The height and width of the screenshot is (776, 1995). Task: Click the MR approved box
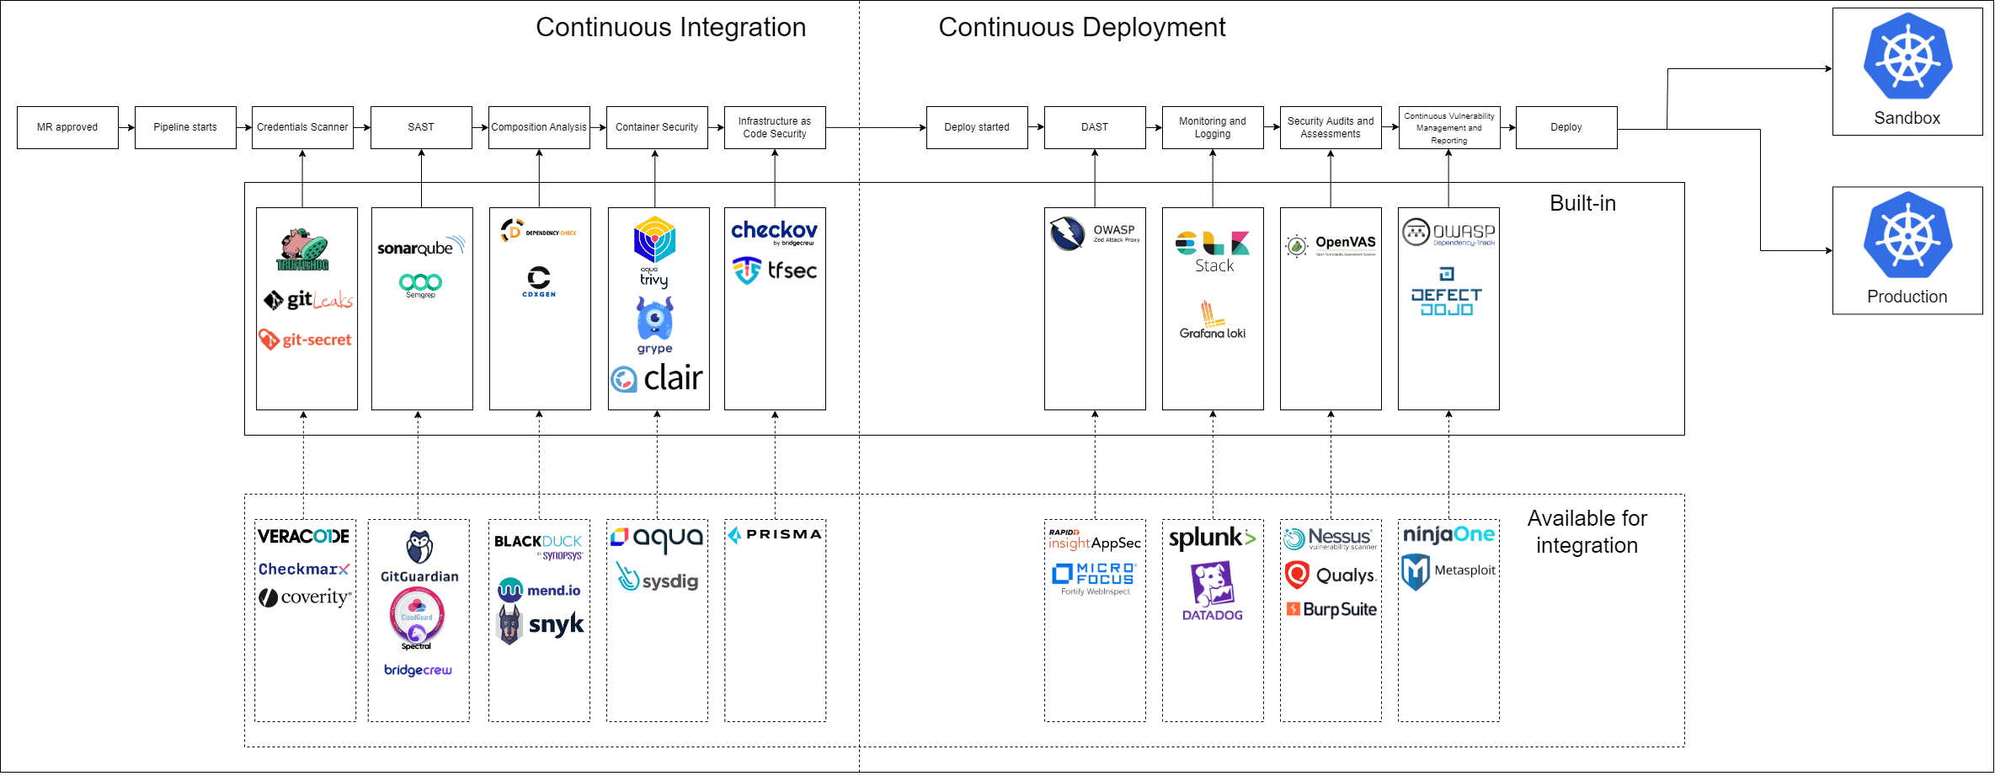click(67, 127)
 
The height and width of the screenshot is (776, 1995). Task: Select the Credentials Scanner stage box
click(302, 127)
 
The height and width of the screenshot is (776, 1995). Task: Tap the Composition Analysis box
click(539, 127)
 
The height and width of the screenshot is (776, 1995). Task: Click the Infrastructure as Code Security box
click(775, 127)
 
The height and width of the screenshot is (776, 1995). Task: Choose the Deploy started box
click(977, 127)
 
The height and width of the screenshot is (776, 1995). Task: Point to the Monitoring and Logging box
click(1213, 127)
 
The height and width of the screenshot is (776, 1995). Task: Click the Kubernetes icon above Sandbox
click(1907, 57)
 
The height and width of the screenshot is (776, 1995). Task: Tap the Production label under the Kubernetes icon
click(1907, 297)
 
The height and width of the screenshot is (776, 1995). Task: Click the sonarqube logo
click(420, 247)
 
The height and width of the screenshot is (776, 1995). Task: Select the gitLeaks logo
click(308, 300)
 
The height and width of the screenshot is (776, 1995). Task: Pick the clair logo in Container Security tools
click(658, 378)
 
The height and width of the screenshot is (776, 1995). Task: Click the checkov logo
click(774, 231)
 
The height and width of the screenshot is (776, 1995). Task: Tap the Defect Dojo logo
click(1447, 293)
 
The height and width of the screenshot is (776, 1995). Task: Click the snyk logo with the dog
click(541, 624)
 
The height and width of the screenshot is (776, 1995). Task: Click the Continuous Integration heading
click(670, 27)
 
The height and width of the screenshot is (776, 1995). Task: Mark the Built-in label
click(1582, 203)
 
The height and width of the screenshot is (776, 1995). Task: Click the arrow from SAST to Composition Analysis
click(480, 127)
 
